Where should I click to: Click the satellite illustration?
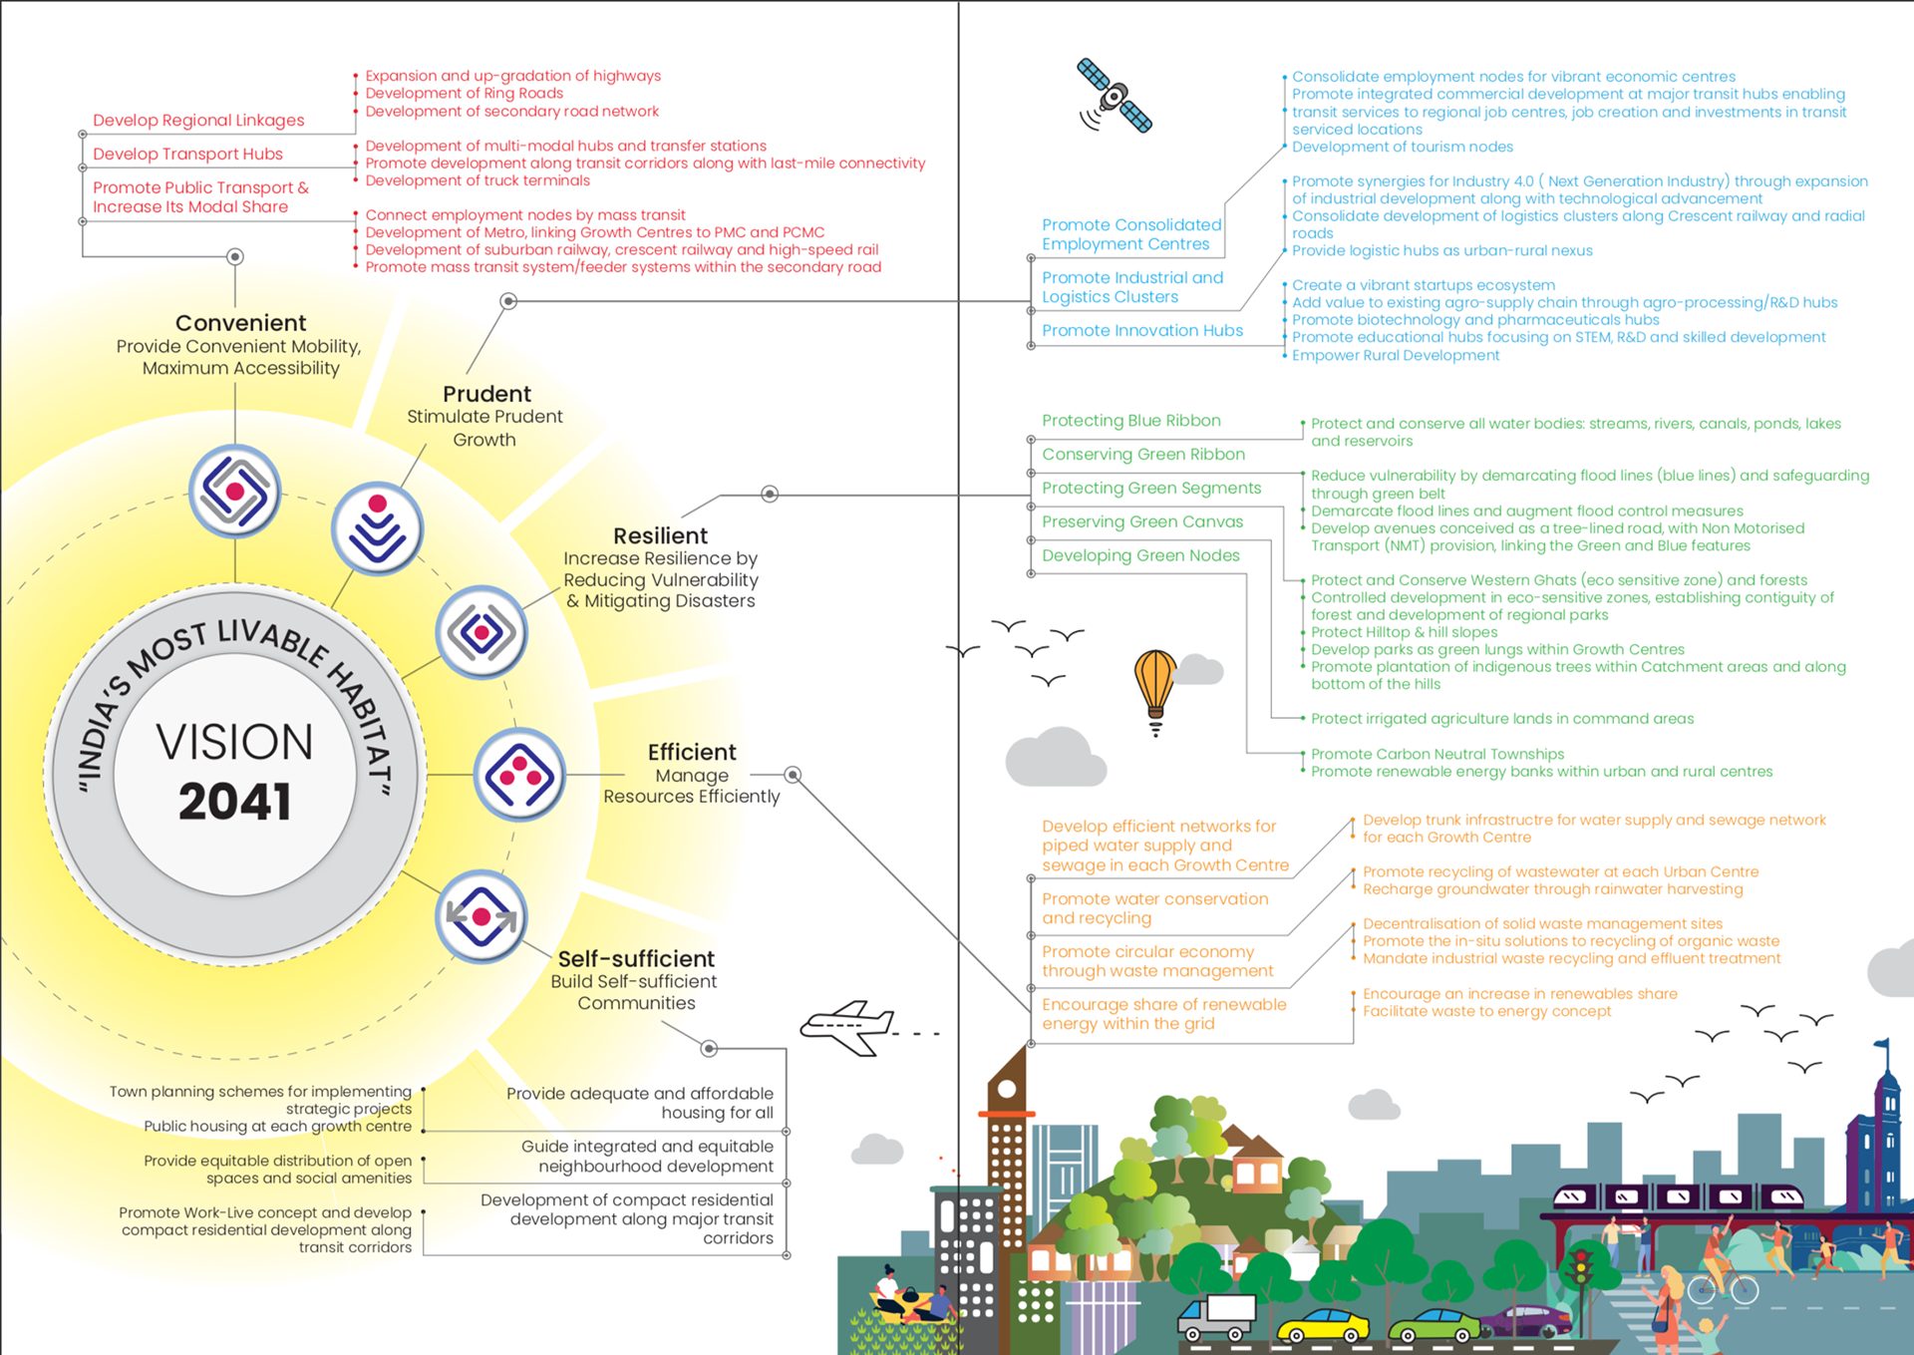[x=1115, y=97]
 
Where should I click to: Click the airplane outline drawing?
[x=849, y=1026]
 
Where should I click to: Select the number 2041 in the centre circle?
[x=235, y=802]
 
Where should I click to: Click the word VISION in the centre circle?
[x=235, y=742]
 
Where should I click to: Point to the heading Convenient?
[x=240, y=323]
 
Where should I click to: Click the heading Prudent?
[x=486, y=394]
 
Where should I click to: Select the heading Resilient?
[x=660, y=535]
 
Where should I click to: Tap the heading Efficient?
[x=692, y=752]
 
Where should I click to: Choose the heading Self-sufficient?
[x=636, y=958]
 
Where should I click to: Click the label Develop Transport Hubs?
[x=187, y=154]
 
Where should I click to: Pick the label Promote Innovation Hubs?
[x=1142, y=330]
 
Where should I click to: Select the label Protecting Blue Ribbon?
[x=1131, y=421]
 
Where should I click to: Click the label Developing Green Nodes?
[x=1140, y=555]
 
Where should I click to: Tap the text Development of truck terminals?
[x=478, y=180]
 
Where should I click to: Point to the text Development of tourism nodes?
[x=1403, y=147]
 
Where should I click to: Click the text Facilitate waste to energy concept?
[x=1486, y=1011]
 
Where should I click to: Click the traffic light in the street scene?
[x=1579, y=1270]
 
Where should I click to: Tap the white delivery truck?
[x=1217, y=1317]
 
